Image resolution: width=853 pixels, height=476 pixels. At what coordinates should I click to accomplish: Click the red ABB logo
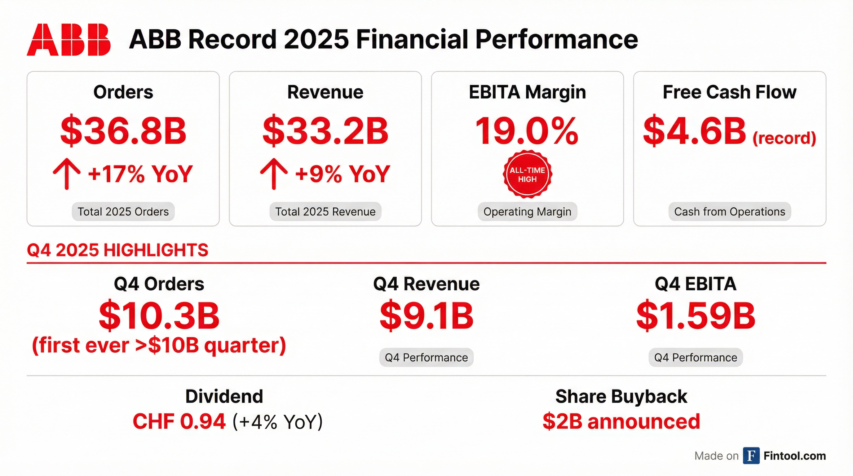tap(69, 39)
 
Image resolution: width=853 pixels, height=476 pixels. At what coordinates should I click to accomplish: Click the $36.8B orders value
tap(123, 131)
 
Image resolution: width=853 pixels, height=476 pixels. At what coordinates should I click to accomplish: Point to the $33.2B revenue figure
tap(325, 131)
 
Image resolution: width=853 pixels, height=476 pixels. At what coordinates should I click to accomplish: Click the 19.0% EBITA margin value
tap(527, 131)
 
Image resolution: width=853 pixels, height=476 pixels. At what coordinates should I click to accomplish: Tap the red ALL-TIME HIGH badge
tap(527, 174)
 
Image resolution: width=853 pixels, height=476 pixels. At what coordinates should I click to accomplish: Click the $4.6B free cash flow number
tap(694, 131)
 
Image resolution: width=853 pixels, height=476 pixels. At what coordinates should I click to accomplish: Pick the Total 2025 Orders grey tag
tap(123, 212)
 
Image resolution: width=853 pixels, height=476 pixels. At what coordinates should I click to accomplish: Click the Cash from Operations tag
tap(730, 212)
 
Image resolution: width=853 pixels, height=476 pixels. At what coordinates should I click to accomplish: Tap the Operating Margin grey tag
tap(527, 212)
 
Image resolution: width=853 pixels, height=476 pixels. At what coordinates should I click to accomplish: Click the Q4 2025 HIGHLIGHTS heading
tap(117, 250)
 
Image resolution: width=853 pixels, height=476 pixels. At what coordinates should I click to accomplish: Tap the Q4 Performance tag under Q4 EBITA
tap(695, 358)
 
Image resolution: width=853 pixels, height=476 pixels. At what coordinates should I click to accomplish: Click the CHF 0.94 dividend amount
tap(179, 421)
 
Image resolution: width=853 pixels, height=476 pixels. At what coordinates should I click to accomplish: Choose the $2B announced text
tap(621, 421)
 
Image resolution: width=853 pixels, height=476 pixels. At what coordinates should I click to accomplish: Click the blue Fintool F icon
tap(751, 456)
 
